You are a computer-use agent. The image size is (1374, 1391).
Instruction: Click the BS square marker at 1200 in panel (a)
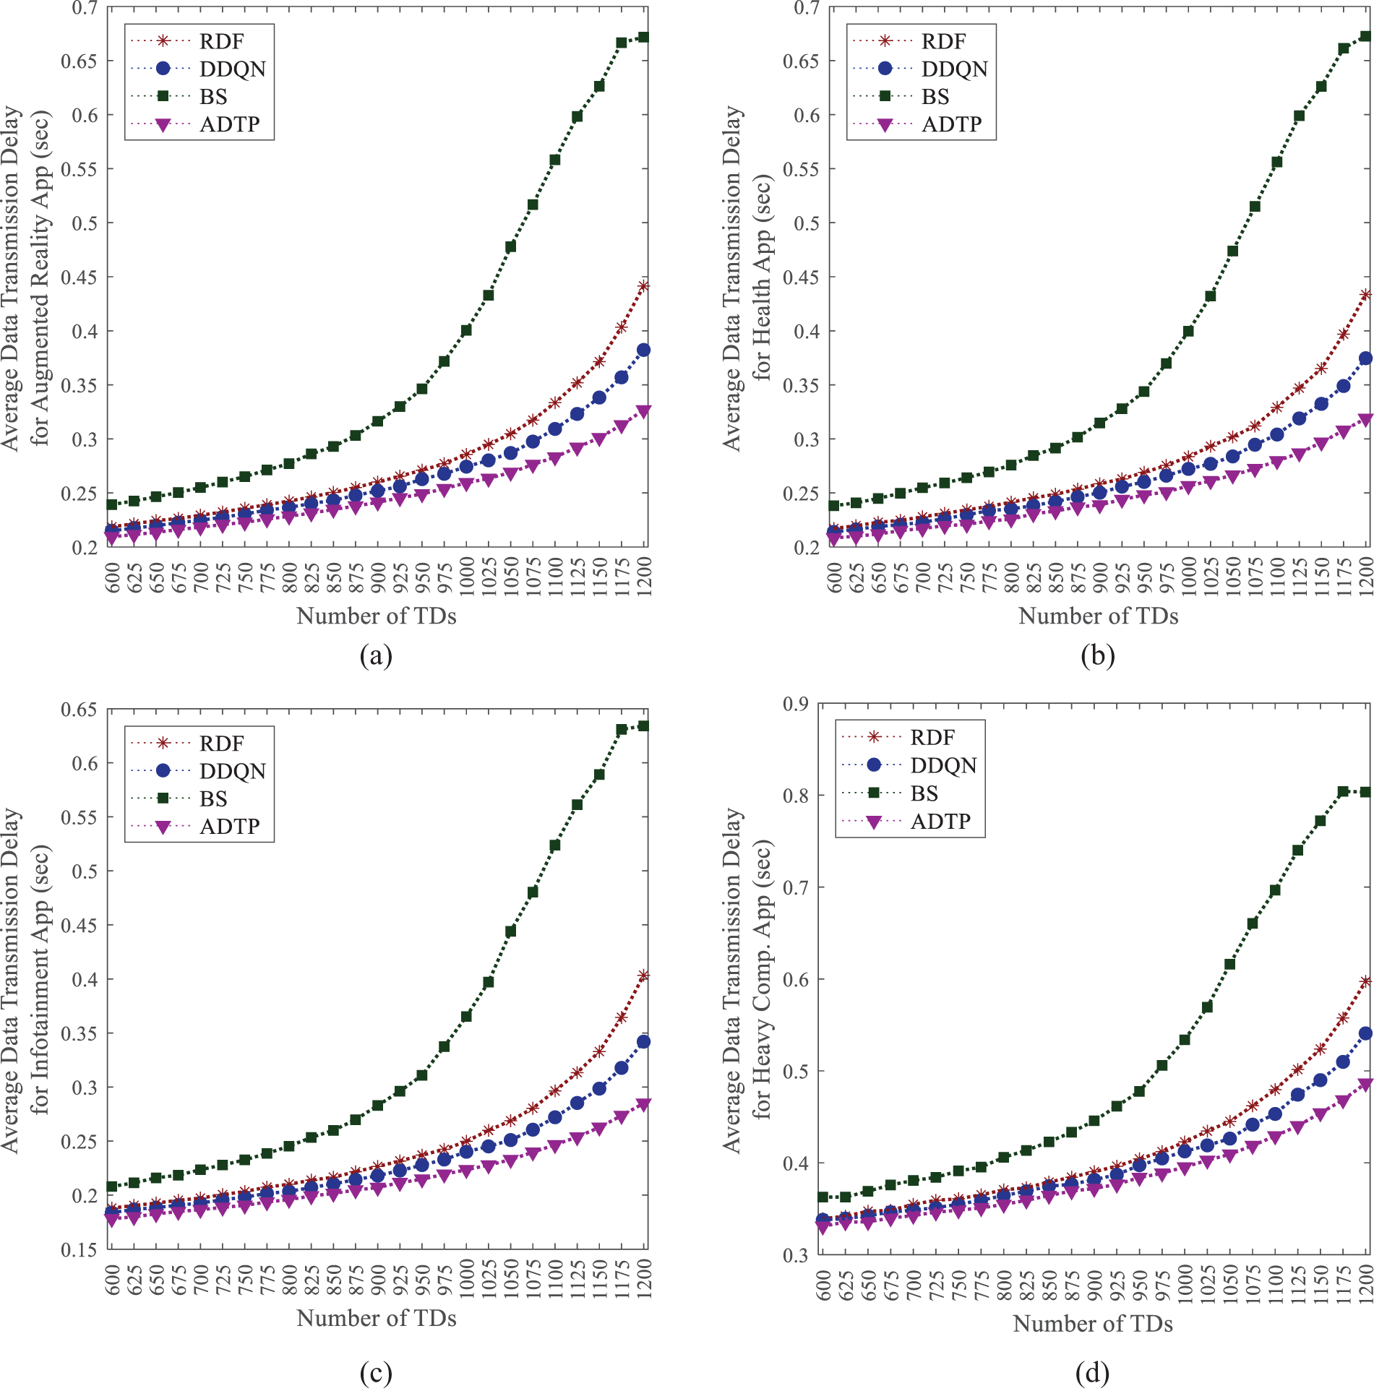click(x=643, y=37)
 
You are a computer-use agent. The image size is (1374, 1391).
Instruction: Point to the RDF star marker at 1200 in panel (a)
click(x=643, y=286)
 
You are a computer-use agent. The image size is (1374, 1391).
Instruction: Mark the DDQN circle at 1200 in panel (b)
click(x=1365, y=358)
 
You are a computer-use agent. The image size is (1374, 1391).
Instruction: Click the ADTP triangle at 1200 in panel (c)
click(x=643, y=1103)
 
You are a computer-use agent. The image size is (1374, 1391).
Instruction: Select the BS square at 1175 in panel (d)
click(x=1343, y=792)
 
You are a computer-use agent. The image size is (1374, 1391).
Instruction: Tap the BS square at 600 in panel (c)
click(x=112, y=1187)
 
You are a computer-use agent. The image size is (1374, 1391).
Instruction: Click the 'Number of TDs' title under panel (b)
click(x=1098, y=616)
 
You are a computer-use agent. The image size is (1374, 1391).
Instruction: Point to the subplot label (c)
click(x=376, y=1372)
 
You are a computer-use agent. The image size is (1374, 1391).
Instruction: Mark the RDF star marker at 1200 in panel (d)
click(x=1365, y=981)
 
